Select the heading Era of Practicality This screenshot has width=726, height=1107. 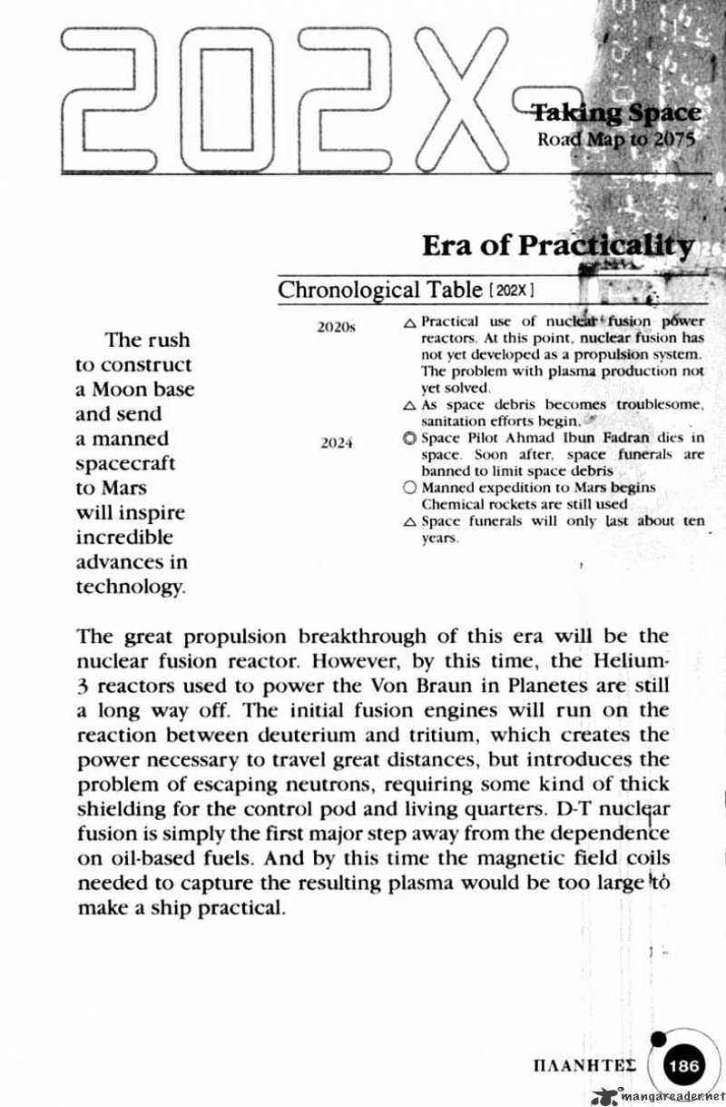558,245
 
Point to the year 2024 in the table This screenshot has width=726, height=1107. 336,444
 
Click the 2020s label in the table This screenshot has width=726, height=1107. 335,327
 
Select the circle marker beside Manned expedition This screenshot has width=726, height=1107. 408,488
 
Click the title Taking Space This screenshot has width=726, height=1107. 615,113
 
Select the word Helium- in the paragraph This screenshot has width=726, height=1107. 635,660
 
